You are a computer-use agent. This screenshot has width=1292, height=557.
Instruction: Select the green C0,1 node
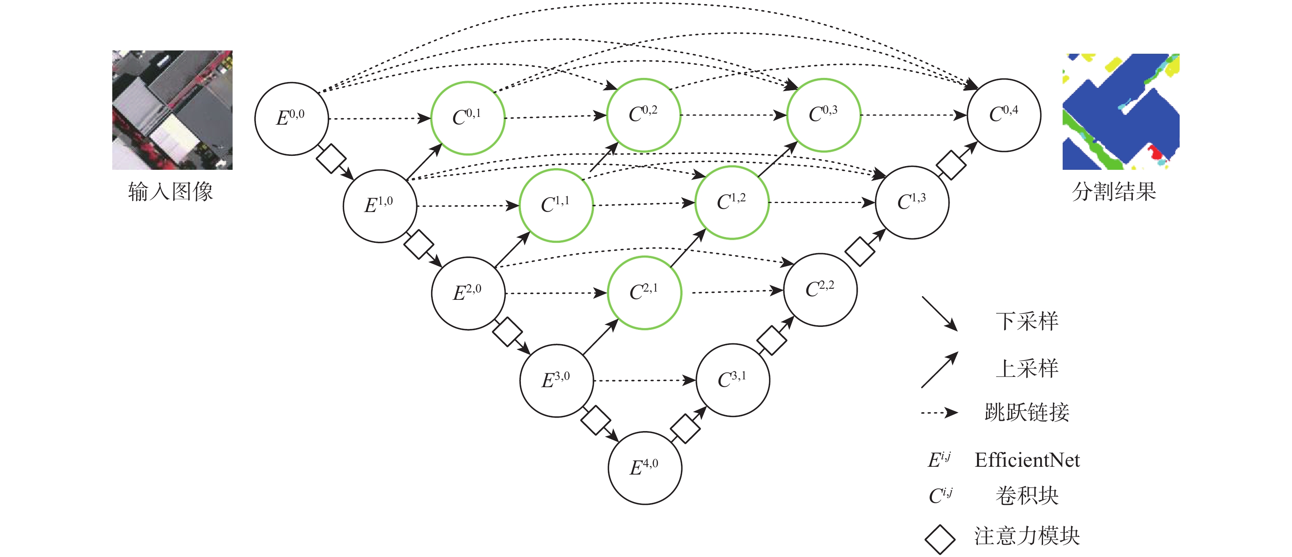[468, 118]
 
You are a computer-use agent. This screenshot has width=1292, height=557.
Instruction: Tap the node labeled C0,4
[1004, 115]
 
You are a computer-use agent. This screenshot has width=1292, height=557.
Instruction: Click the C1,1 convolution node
[556, 205]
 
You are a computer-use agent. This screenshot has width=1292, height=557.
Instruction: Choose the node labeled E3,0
[556, 380]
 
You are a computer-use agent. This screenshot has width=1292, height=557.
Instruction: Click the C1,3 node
[912, 202]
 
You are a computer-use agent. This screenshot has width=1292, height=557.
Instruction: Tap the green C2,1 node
[644, 292]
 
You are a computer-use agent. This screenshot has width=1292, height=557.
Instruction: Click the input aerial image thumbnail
[172, 110]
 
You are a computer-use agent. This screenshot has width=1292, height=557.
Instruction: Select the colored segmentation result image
[1121, 111]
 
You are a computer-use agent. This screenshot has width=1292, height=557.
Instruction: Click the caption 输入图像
[171, 192]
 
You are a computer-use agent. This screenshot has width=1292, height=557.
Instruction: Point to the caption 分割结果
[1114, 192]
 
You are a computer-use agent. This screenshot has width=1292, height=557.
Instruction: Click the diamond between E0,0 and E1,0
[331, 158]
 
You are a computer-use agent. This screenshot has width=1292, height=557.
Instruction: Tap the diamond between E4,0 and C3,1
[685, 429]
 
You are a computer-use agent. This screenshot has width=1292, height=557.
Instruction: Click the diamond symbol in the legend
[939, 539]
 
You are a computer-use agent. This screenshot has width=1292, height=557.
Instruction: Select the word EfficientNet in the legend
[1027, 460]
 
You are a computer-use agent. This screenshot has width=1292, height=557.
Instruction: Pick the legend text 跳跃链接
[1027, 413]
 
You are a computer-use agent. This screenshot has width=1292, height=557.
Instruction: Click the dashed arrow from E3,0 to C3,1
[644, 381]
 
